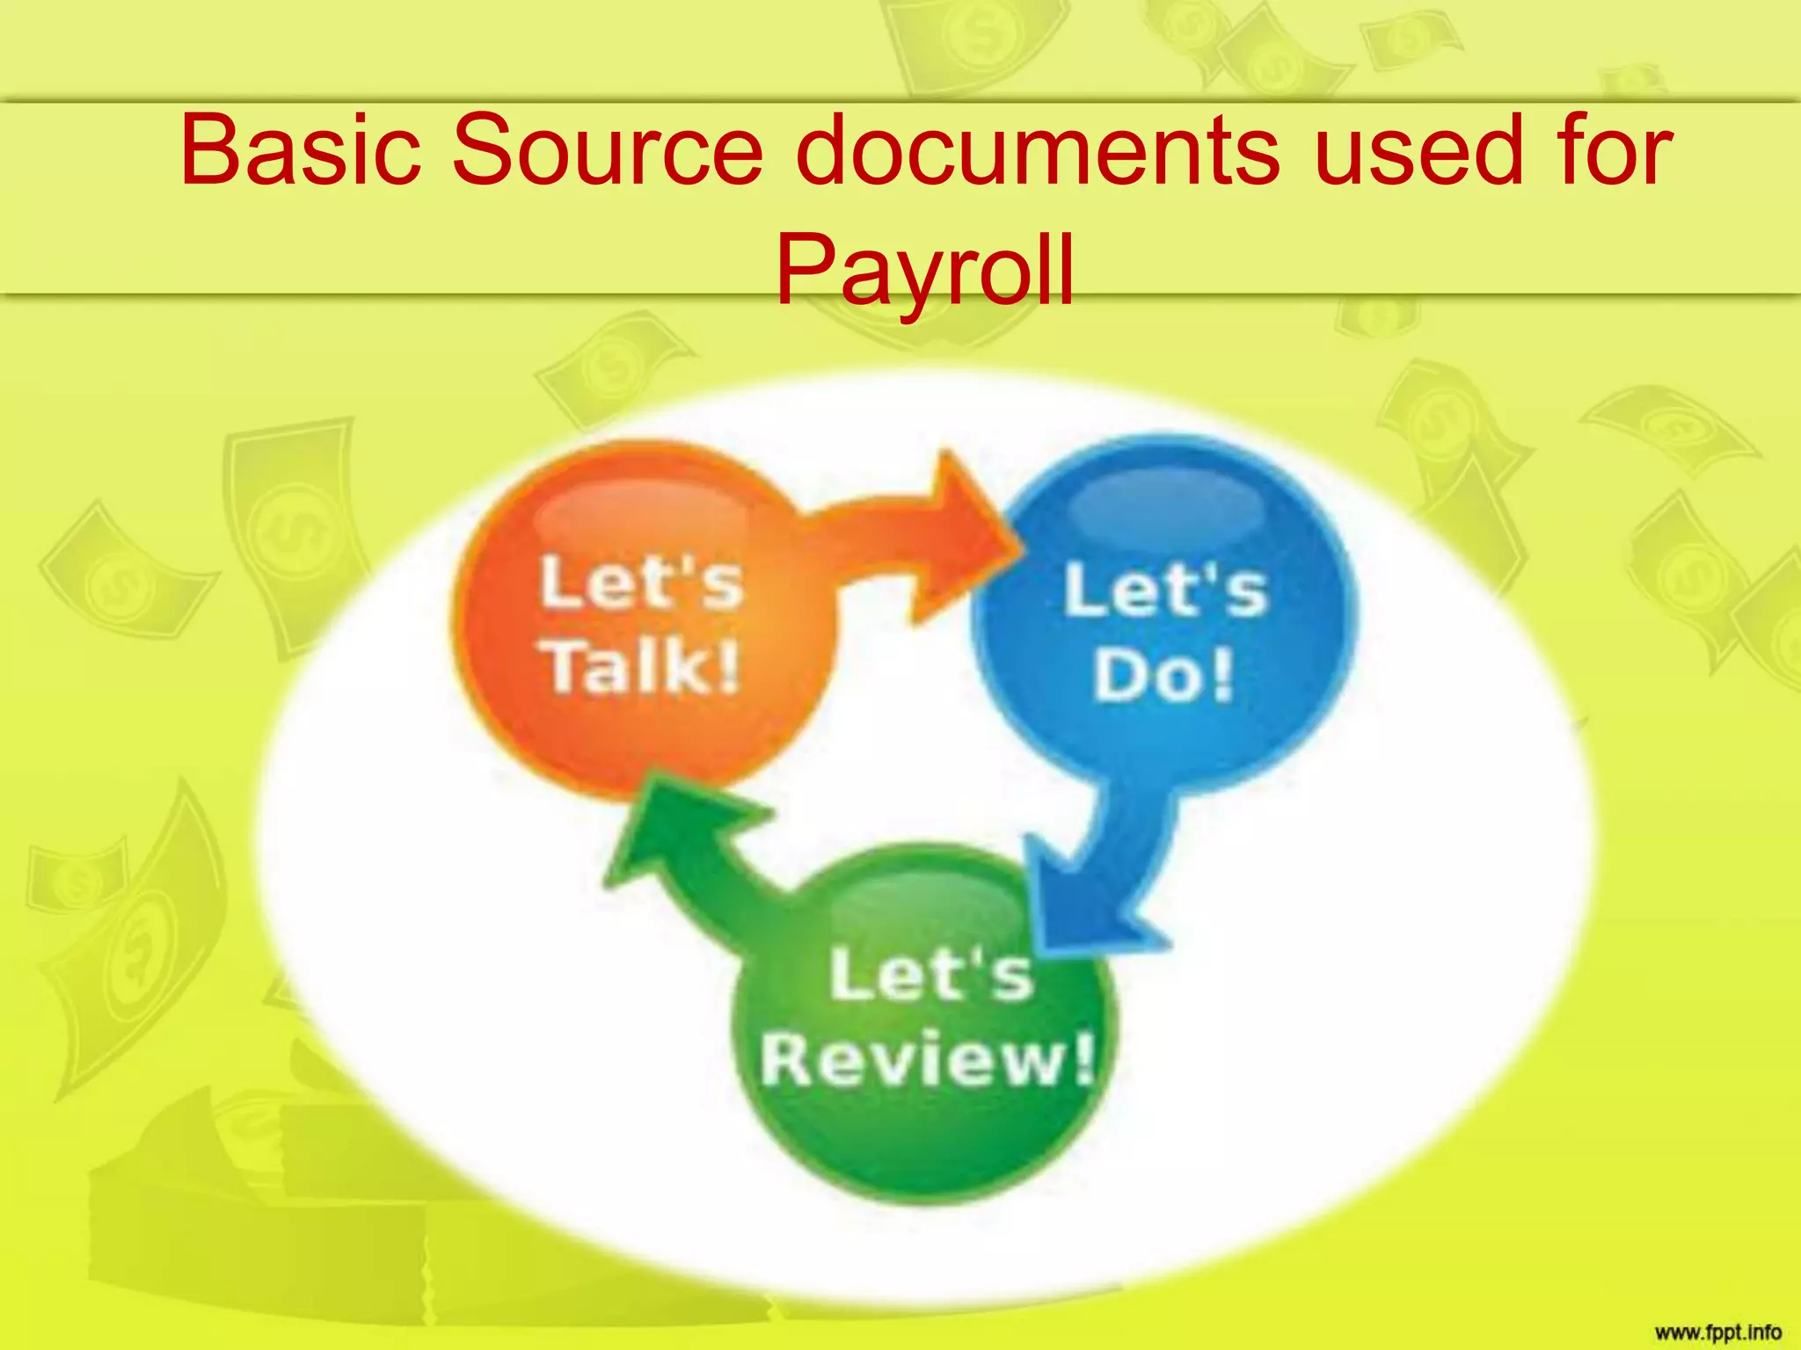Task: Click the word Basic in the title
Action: tap(300, 151)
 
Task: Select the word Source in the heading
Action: tap(607, 151)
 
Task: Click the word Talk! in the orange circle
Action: tap(643, 666)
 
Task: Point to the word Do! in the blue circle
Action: tap(1163, 675)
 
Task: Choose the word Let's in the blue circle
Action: tap(1165, 591)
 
